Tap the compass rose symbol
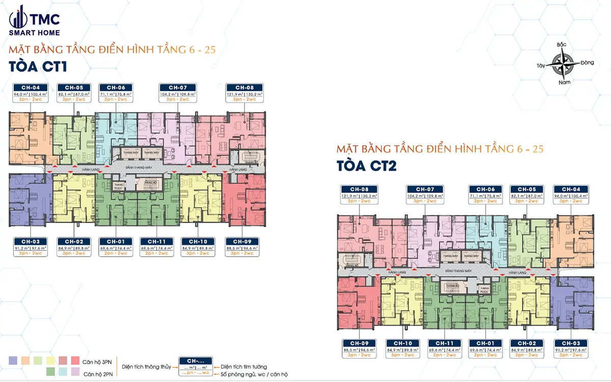coord(563,64)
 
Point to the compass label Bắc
coord(562,45)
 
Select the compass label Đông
coord(587,63)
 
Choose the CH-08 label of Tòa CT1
coord(244,87)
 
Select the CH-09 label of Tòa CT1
coord(244,241)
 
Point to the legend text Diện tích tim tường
coord(243,366)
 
